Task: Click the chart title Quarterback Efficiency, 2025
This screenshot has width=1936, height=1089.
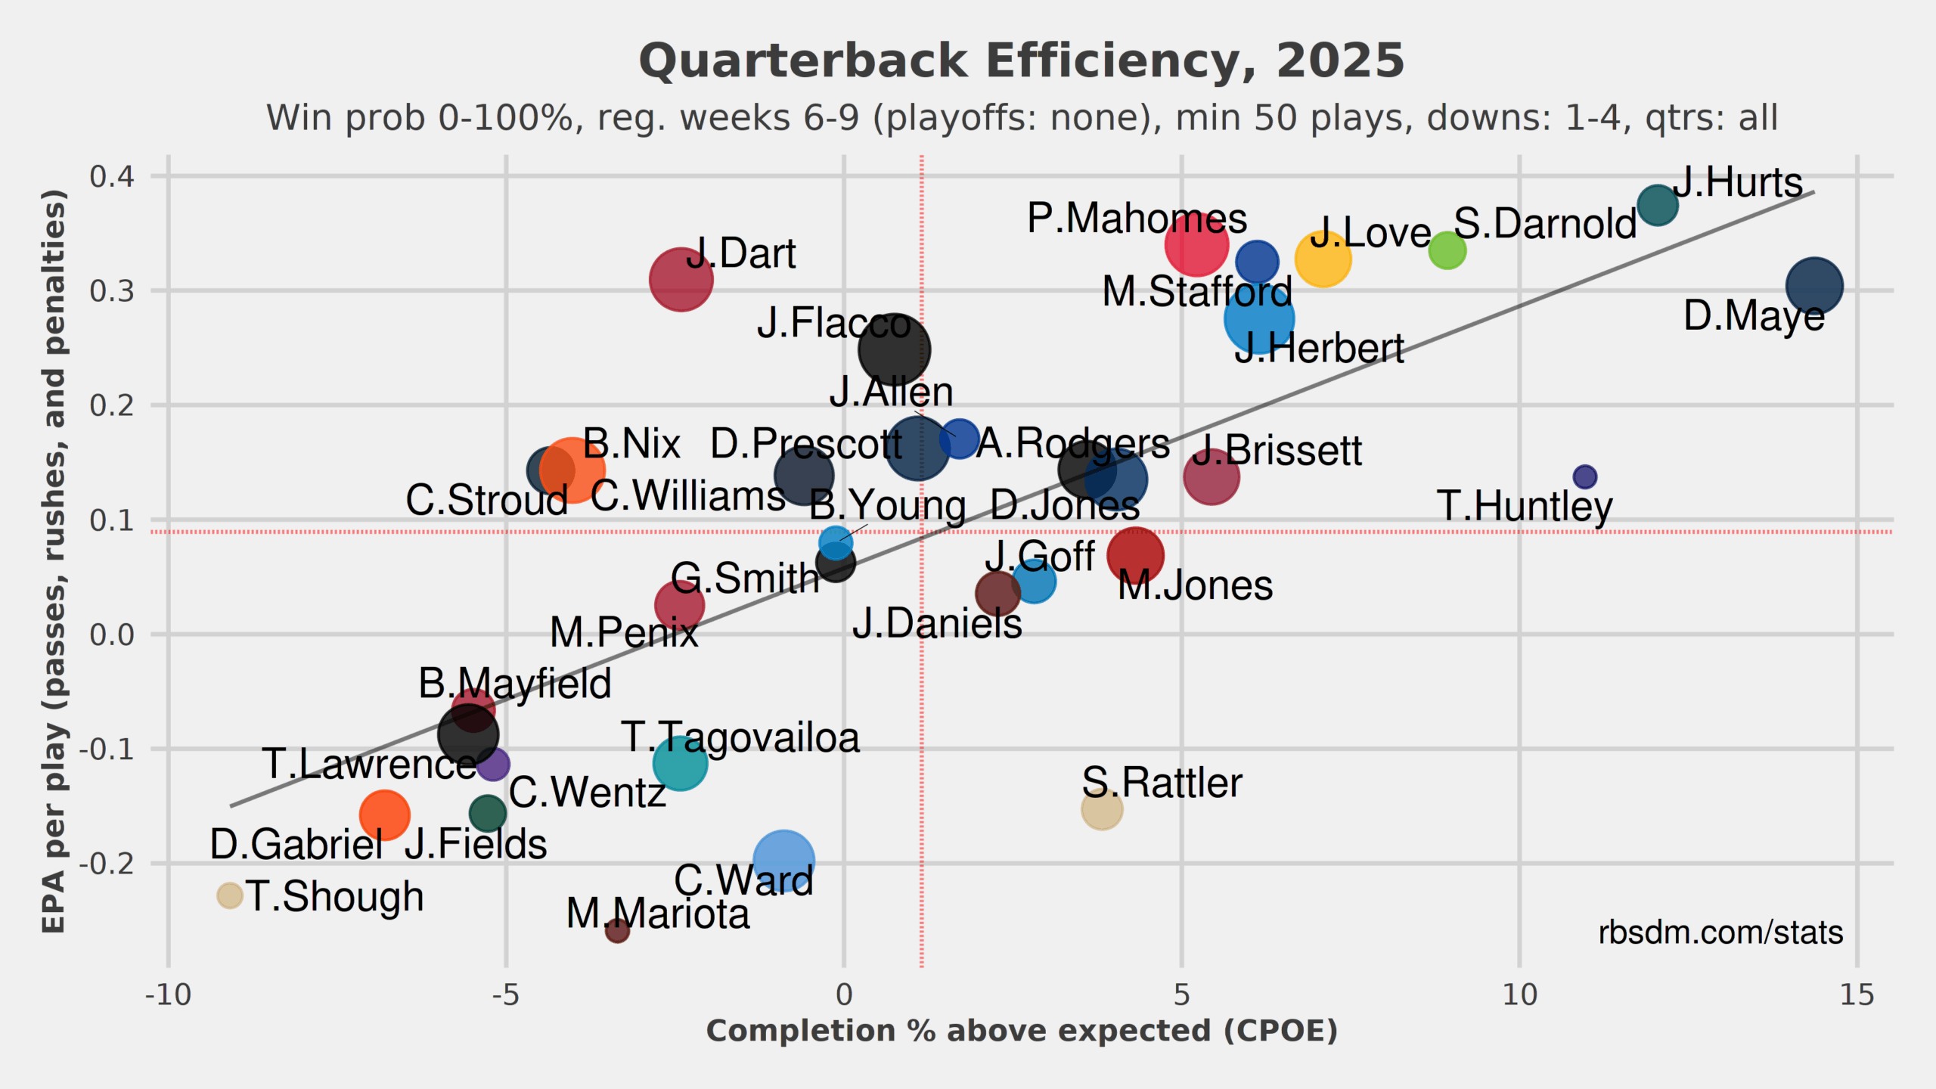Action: pos(1022,61)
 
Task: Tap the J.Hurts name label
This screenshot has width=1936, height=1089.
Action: pos(1737,183)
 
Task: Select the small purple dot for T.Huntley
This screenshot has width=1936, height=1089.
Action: pos(1584,476)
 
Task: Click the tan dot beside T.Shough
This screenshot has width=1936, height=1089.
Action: pos(230,895)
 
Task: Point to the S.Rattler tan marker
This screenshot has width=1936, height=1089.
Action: pos(1102,808)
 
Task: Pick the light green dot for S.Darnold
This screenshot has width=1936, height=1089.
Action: pos(1447,250)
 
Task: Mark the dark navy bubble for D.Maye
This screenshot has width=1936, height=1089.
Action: pos(1814,286)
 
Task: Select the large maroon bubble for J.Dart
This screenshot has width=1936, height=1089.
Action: pos(681,280)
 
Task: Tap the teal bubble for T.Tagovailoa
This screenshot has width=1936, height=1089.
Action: pos(680,763)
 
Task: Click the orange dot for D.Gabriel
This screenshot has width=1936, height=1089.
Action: pos(384,814)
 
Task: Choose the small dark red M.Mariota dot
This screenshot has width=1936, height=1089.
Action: pos(617,930)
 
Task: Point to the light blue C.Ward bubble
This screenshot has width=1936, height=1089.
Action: pos(783,861)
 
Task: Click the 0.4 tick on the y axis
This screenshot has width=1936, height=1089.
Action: pos(112,177)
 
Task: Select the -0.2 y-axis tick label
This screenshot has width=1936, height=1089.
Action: pos(107,864)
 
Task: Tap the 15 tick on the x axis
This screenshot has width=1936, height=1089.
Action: pos(1857,995)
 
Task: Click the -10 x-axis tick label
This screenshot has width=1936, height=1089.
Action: pos(168,995)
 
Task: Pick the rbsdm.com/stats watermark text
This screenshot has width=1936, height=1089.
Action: pos(1720,932)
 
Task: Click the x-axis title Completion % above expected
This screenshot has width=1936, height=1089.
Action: pos(1022,1032)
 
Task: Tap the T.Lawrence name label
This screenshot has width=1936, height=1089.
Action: pos(369,764)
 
